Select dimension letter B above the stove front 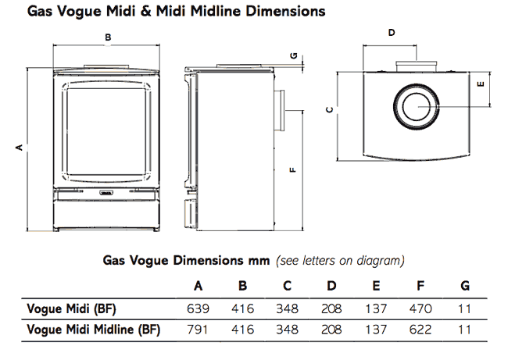pyautogui.click(x=108, y=37)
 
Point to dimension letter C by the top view pyautogui.click(x=330, y=110)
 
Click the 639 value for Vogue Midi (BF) pyautogui.click(x=198, y=308)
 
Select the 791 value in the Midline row pyautogui.click(x=198, y=330)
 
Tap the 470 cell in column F pyautogui.click(x=420, y=308)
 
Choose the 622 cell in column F pyautogui.click(x=420, y=330)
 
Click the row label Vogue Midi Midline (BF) pyautogui.click(x=93, y=330)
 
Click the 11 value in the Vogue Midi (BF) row pyautogui.click(x=465, y=308)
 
